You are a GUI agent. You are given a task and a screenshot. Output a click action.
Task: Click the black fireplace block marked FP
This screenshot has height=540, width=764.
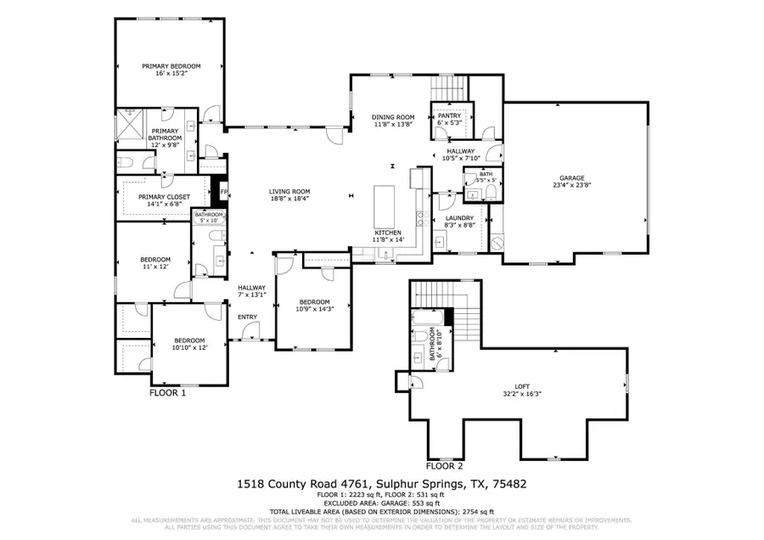224,193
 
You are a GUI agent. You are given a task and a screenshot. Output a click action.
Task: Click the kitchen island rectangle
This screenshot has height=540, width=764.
385,204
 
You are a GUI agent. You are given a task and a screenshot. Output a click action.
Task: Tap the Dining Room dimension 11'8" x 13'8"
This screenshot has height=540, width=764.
393,124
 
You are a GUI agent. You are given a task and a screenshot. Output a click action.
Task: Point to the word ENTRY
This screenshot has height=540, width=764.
247,318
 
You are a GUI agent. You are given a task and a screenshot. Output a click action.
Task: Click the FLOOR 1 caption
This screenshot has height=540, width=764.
167,393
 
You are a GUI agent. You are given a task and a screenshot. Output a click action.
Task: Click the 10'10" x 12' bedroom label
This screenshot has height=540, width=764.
189,343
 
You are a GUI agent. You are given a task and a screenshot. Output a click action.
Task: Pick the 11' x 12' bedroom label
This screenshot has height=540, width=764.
155,262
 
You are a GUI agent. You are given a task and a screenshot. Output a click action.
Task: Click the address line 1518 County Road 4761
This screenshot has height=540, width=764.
381,484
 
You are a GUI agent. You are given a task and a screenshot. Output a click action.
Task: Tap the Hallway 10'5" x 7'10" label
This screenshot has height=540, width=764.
463,155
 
